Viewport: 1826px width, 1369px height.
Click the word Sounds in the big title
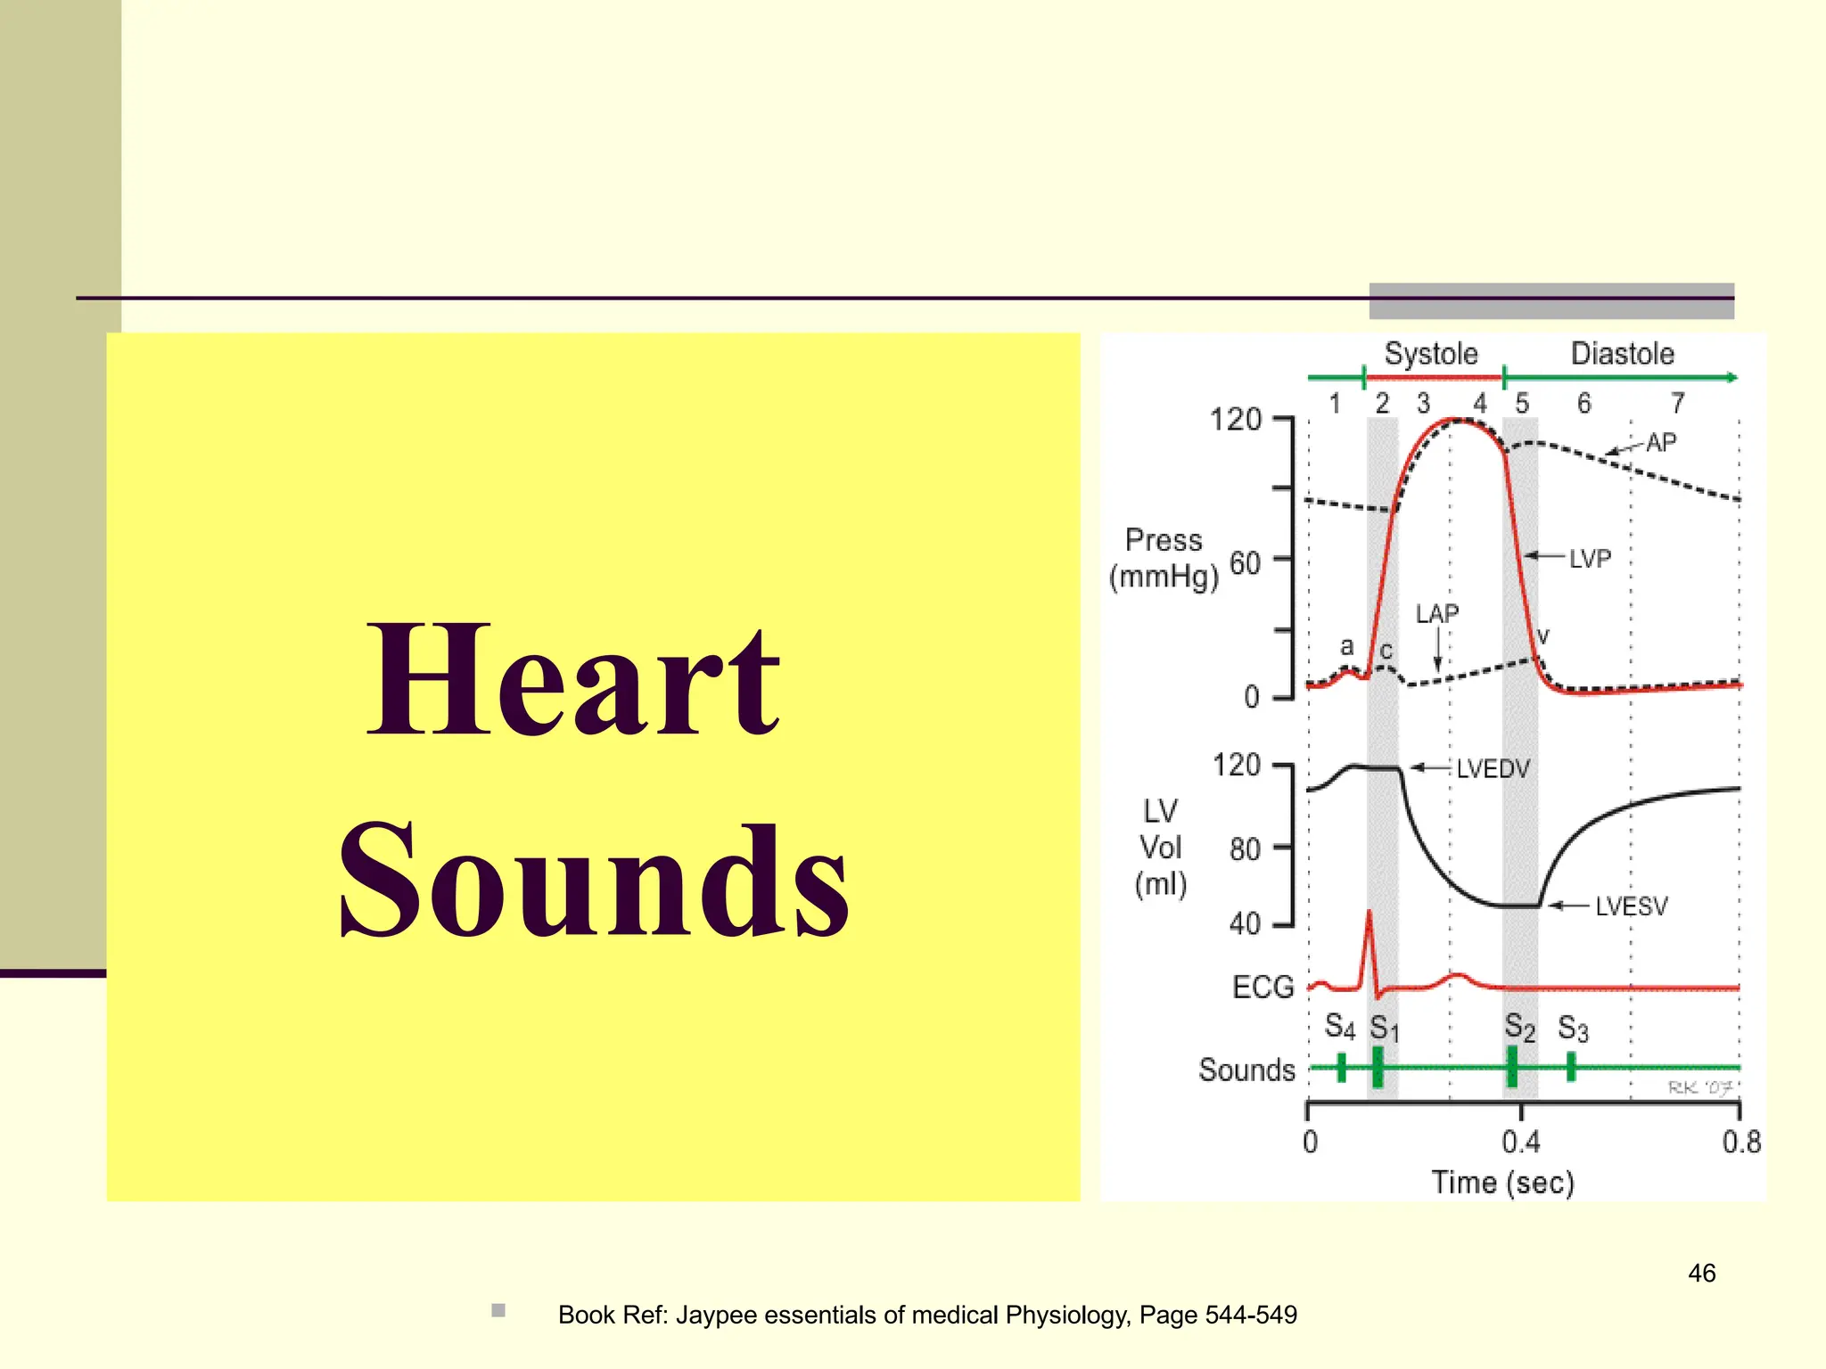coord(594,881)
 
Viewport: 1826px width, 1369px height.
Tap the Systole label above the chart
coord(1430,354)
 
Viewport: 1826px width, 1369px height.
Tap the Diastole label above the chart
coord(1622,354)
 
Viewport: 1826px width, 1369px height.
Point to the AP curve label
coord(1660,442)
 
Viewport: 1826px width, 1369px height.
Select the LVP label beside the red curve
coord(1590,559)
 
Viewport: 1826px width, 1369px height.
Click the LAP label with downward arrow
coord(1436,614)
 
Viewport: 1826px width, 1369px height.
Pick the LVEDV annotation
coord(1493,768)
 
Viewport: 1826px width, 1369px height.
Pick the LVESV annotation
coord(1631,906)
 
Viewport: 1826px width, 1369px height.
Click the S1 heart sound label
coord(1384,1029)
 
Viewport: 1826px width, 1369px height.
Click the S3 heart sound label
coord(1573,1029)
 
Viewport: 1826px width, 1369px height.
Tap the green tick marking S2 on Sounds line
coord(1512,1067)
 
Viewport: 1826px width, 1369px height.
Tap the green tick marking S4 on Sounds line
coord(1341,1067)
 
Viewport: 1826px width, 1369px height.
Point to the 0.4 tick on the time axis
coord(1521,1141)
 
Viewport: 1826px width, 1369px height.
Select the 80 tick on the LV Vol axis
coord(1245,849)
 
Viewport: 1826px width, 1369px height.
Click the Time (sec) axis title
coord(1502,1183)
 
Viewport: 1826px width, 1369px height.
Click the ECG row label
coord(1262,987)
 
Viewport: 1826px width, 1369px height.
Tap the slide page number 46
coord(1701,1273)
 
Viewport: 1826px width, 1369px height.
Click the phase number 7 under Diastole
coord(1677,404)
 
